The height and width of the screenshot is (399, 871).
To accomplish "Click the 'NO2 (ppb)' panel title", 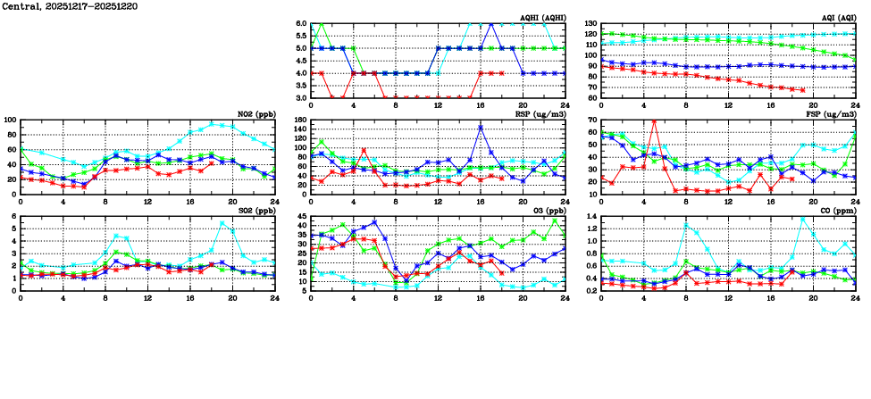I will pyautogui.click(x=255, y=113).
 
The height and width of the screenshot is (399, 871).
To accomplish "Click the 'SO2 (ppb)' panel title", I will pyautogui.click(x=255, y=210).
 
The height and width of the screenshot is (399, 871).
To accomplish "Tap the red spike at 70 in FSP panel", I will pyautogui.click(x=654, y=121).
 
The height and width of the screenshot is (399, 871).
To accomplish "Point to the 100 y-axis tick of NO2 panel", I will pyautogui.click(x=10, y=120).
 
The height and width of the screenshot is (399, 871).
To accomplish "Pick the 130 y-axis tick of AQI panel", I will pyautogui.click(x=590, y=23).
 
